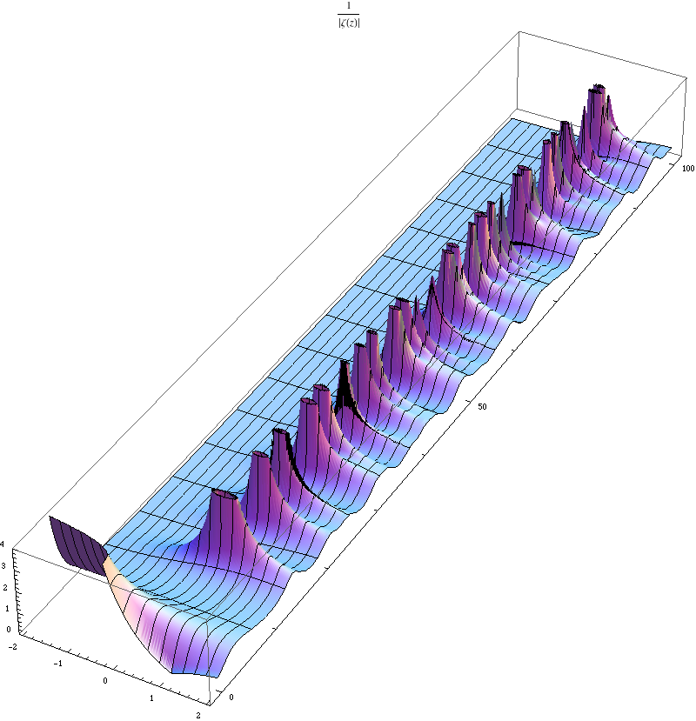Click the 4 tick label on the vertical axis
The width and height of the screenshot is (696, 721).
click(3, 544)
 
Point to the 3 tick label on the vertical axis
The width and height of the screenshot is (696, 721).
click(3, 566)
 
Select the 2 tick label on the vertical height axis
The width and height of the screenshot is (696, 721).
click(5, 588)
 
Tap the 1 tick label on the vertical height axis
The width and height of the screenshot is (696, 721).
click(7, 609)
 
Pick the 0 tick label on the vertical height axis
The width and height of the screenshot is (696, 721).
click(9, 630)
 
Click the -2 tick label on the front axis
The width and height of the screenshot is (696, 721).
click(13, 646)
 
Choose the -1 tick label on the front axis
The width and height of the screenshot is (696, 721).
click(58, 664)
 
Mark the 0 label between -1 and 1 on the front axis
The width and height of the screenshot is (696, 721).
click(105, 681)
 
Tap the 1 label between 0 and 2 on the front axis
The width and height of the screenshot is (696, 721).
click(151, 698)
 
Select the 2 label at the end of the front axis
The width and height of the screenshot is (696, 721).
click(198, 716)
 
